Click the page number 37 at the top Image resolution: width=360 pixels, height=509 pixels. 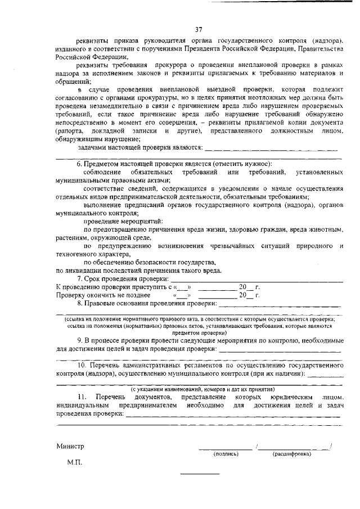199,30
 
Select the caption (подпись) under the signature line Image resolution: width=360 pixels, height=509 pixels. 224,453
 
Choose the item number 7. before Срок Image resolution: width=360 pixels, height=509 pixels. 80,279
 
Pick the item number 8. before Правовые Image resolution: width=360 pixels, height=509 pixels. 80,304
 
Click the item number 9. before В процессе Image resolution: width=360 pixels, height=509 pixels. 81,341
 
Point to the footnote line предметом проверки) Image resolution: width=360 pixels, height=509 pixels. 199,332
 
